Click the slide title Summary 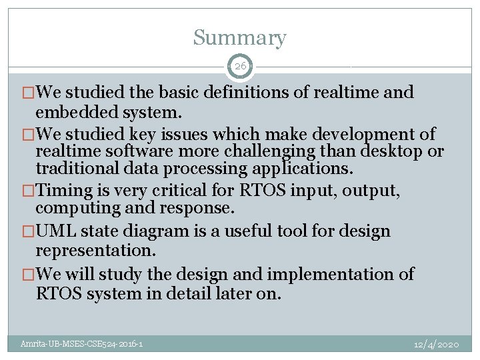(239, 38)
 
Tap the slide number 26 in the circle (240, 66)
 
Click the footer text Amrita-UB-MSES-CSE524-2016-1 (81, 344)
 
